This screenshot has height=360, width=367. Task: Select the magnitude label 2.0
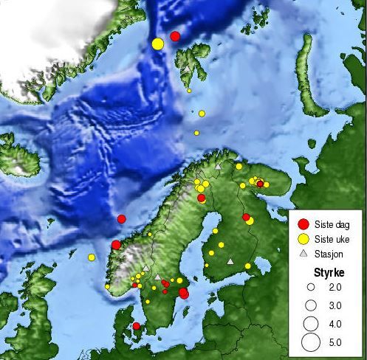pos(335,287)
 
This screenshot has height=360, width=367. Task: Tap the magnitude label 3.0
pos(335,305)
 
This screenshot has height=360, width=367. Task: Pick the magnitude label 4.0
pos(335,323)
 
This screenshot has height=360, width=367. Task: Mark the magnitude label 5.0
pos(335,342)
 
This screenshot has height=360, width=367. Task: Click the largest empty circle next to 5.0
pos(311,342)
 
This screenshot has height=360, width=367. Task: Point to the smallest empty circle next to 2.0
pos(311,287)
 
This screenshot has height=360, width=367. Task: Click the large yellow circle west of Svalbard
pos(157,44)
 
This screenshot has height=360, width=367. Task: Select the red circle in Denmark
pos(136,325)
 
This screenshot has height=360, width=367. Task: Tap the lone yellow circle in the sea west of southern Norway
pos(92,257)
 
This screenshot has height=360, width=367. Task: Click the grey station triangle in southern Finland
pos(230,260)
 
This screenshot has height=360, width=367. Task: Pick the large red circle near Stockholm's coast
pos(184,293)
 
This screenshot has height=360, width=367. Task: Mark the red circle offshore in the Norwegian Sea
pos(122,218)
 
